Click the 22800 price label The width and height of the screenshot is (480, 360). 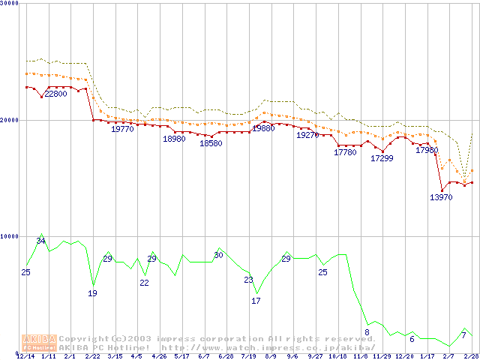pyautogui.click(x=55, y=94)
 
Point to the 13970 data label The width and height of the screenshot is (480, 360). pyautogui.click(x=441, y=197)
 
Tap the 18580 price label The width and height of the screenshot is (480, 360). pyautogui.click(x=211, y=143)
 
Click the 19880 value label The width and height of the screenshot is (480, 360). pyautogui.click(x=263, y=128)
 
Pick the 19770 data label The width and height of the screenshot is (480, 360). pyautogui.click(x=122, y=129)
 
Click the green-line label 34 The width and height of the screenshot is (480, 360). pyautogui.click(x=41, y=241)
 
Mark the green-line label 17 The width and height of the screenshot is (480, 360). pyautogui.click(x=256, y=301)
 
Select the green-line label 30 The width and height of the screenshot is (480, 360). pyautogui.click(x=218, y=255)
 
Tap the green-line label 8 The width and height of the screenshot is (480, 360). pyautogui.click(x=367, y=332)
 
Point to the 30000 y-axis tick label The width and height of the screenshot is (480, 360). pyautogui.click(x=10, y=4)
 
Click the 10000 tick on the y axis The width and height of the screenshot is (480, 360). pyautogui.click(x=10, y=236)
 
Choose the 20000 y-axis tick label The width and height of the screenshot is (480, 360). pyautogui.click(x=10, y=120)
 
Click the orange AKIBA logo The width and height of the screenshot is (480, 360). pyautogui.click(x=39, y=343)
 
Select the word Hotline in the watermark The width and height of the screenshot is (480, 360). pyautogui.click(x=130, y=347)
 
